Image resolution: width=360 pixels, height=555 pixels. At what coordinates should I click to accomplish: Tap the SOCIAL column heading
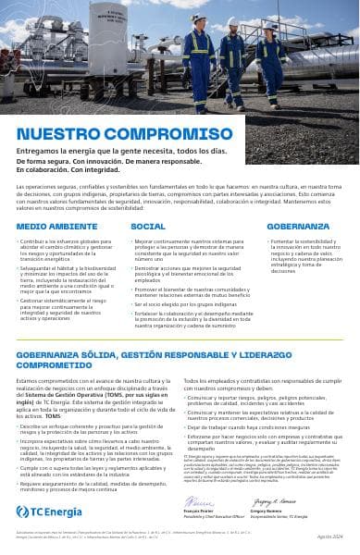coord(148,226)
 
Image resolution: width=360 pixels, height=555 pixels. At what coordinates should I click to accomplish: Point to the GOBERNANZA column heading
coord(298,226)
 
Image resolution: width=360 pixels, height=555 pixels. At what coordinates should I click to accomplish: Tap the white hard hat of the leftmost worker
coord(196,18)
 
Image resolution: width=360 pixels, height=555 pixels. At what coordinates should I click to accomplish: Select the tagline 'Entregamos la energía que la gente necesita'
coord(120,150)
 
